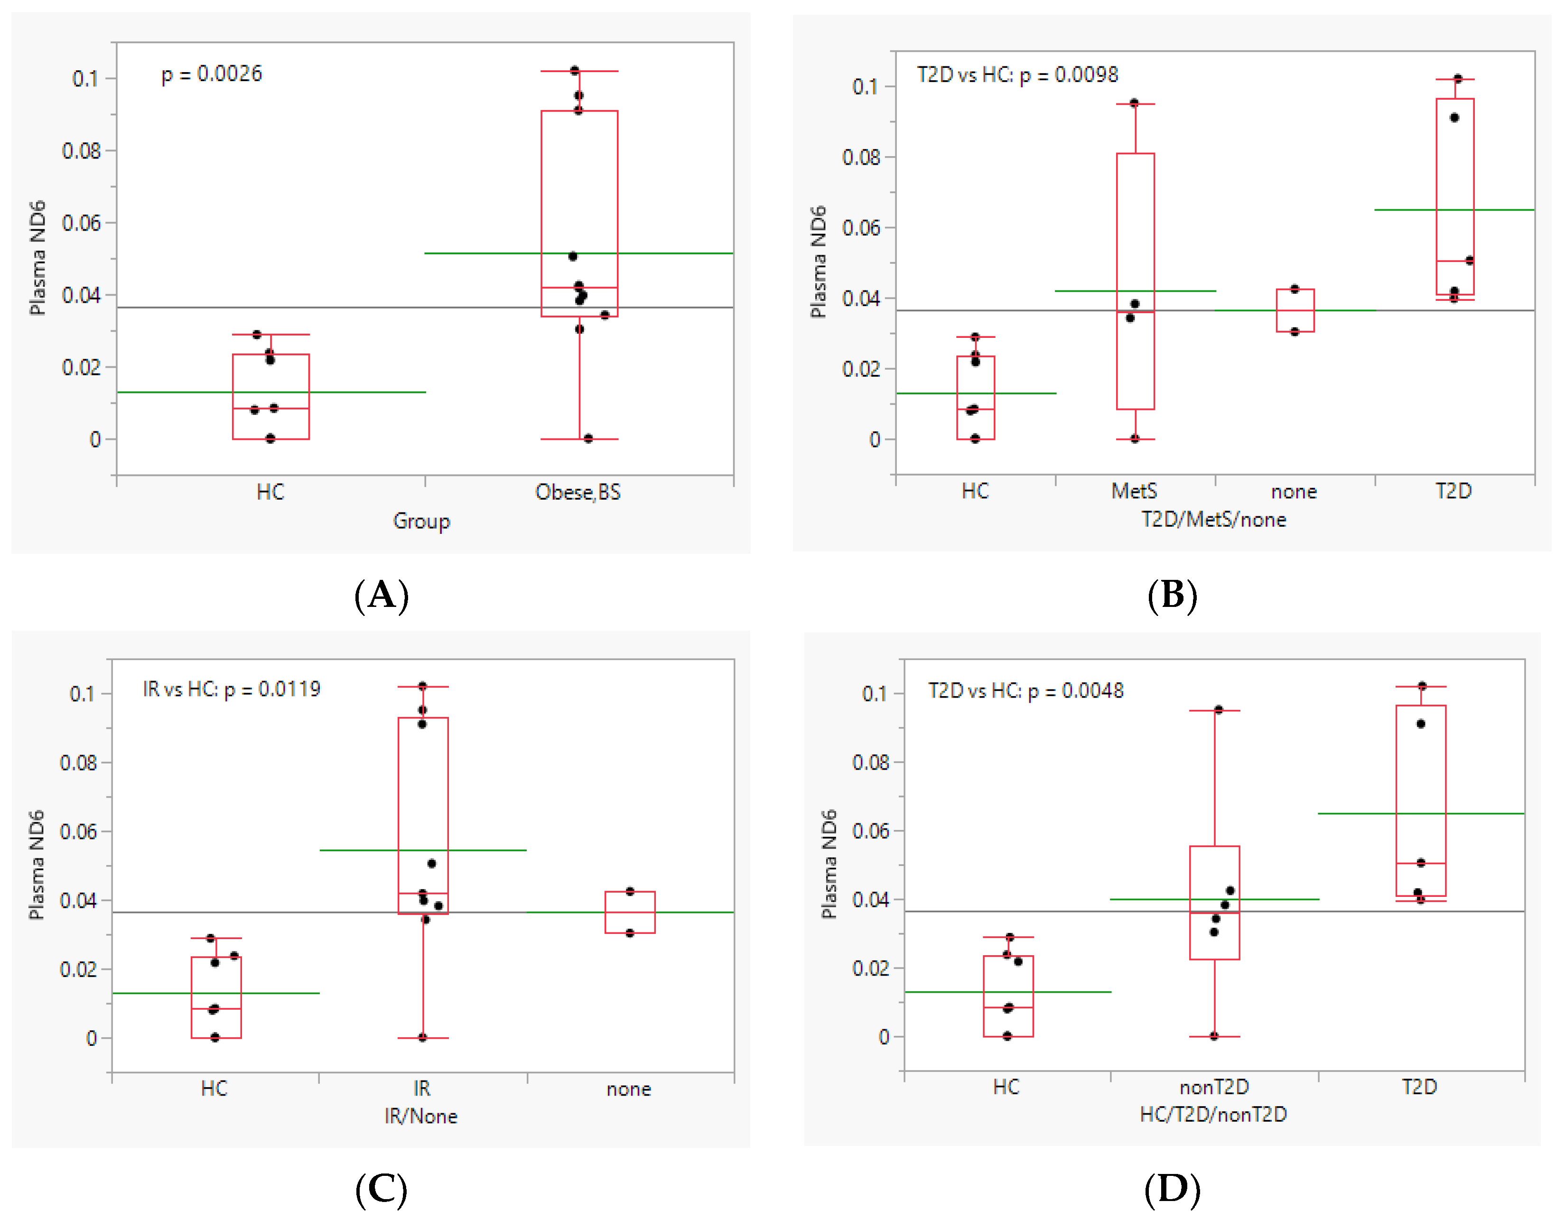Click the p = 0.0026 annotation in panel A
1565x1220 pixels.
click(211, 74)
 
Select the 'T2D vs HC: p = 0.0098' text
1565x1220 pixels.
click(1017, 75)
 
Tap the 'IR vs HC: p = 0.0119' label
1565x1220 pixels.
click(232, 689)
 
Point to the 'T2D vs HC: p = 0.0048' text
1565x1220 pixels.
click(1025, 690)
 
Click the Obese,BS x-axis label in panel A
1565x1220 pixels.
click(578, 492)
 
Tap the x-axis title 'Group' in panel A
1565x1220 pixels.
click(421, 521)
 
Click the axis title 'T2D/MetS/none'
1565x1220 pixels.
click(1213, 520)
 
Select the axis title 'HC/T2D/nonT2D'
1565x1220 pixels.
click(1213, 1115)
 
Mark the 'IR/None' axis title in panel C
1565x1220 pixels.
click(420, 1116)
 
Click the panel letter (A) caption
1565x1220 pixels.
click(381, 596)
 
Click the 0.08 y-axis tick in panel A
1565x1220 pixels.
click(81, 151)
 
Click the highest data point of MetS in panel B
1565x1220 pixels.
click(1134, 103)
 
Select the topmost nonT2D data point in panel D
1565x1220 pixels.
click(1218, 710)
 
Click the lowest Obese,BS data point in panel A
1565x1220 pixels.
click(588, 438)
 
